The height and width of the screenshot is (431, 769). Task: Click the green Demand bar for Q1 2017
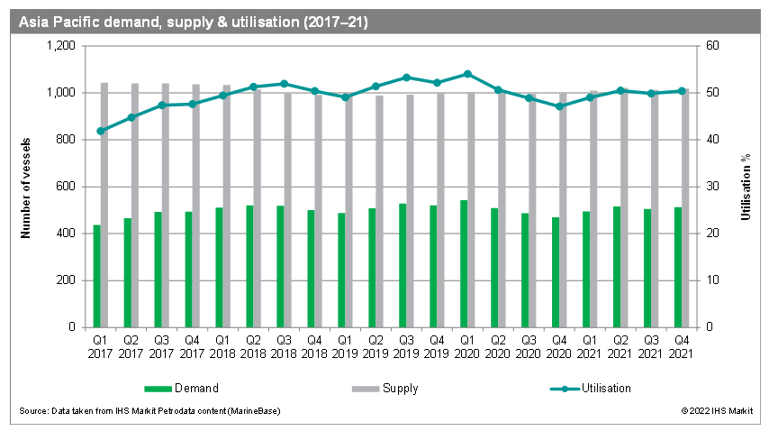pos(96,276)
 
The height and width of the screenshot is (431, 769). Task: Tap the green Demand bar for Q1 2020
pos(464,263)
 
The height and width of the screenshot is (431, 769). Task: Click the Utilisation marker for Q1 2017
pos(100,131)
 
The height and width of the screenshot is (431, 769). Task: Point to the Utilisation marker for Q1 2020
pos(467,74)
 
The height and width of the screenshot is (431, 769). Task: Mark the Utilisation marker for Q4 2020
pos(559,106)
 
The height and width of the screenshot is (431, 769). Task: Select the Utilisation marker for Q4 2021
pos(682,90)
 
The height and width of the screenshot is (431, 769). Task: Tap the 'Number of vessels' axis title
pos(26,187)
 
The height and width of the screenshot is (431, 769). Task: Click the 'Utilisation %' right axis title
pos(745,187)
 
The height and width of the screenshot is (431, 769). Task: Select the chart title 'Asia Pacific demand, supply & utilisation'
pos(194,20)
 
